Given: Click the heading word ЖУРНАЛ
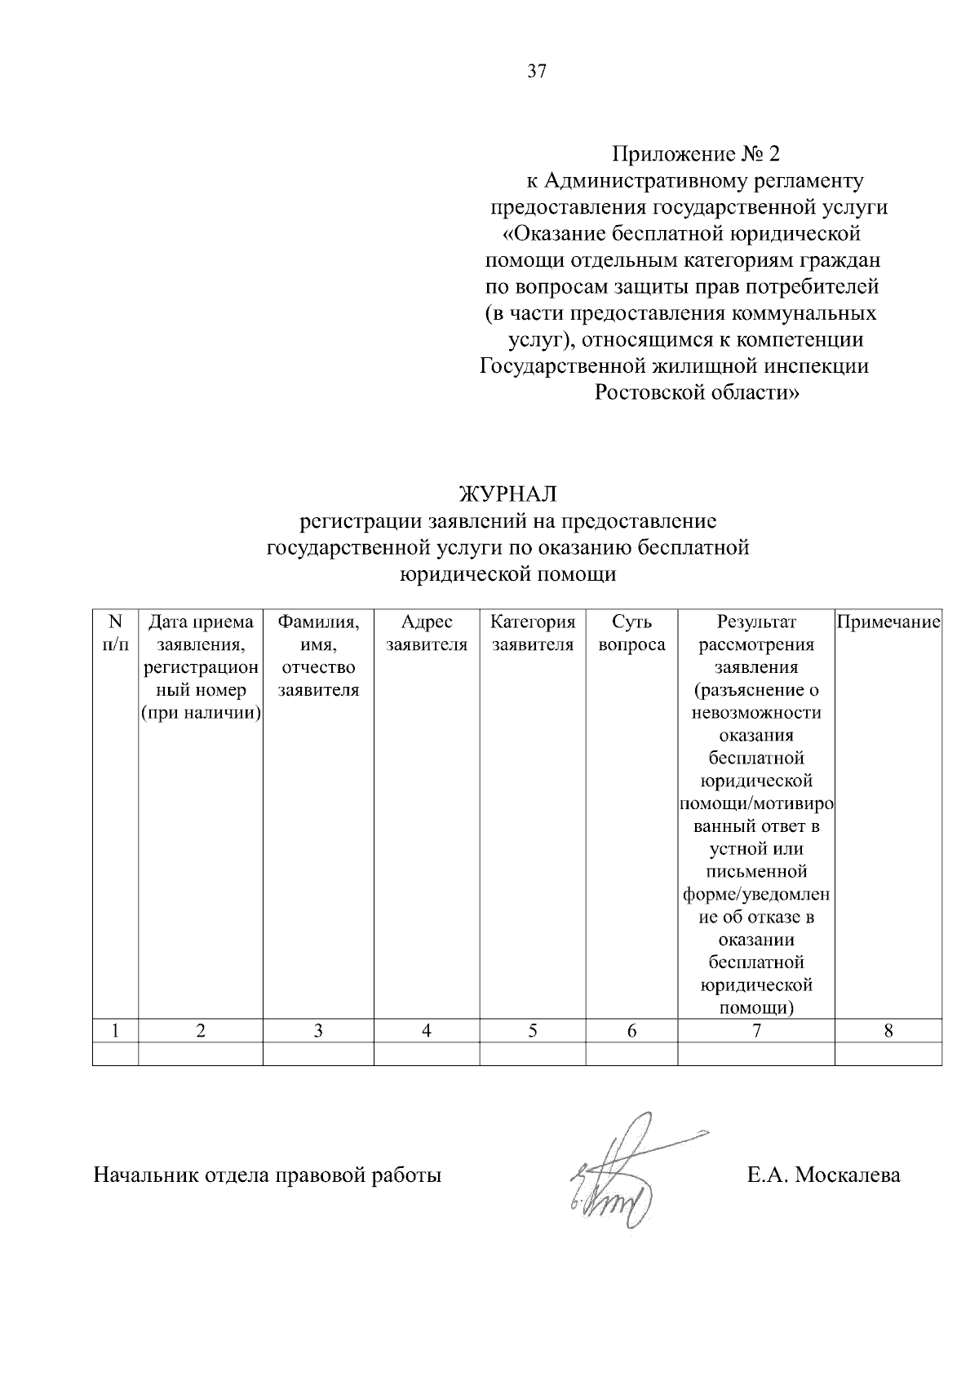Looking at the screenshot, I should tap(507, 494).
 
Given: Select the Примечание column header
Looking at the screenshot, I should tap(888, 622).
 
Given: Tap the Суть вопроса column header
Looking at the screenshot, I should tap(631, 634).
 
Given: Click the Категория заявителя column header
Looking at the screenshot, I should tap(533, 634).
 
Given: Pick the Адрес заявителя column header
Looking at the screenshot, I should tap(427, 634).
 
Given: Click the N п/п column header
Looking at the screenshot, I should tap(115, 634).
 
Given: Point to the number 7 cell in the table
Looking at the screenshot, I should tap(756, 1030).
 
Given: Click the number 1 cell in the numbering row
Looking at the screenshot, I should tap(115, 1030).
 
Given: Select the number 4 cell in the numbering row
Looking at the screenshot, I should tap(427, 1030).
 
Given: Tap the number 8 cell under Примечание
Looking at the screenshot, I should tap(888, 1030).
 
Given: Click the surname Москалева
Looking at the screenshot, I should tap(848, 1175).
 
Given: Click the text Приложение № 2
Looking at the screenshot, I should tap(696, 153).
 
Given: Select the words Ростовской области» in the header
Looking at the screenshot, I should tap(696, 393).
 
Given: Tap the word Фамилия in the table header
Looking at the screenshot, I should tap(318, 622).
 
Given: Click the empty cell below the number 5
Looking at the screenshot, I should tap(533, 1054).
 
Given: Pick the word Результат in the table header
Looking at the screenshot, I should tap(756, 622).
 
